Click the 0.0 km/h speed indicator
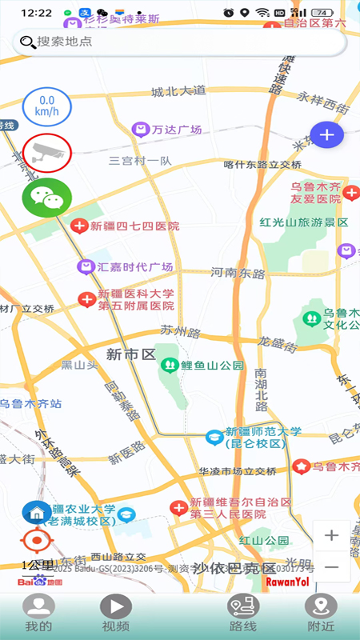(47, 107)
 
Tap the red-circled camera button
(47, 152)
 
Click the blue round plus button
(326, 134)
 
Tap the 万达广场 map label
(168, 129)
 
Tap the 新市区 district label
(130, 354)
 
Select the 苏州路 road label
(178, 329)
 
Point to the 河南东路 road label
(238, 273)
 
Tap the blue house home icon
(36, 511)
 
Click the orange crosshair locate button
(36, 543)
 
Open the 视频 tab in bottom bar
(115, 614)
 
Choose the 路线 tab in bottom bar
(242, 614)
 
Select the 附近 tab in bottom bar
(322, 614)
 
